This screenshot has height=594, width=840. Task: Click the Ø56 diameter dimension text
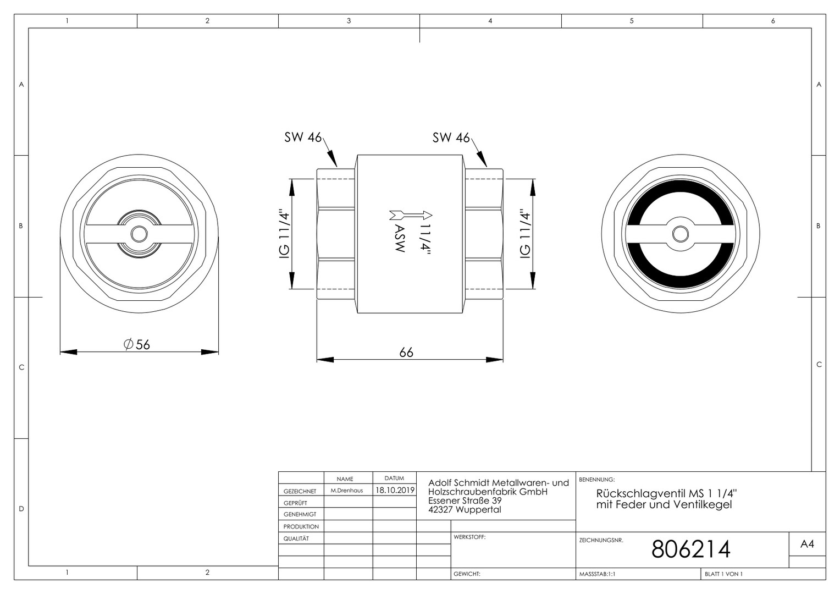[136, 344]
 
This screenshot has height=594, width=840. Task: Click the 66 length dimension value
[406, 353]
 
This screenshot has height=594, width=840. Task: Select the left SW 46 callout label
[303, 137]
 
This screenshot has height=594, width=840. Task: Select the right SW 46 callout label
[451, 137]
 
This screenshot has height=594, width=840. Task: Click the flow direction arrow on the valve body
[411, 215]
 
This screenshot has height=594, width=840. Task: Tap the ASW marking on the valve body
[400, 239]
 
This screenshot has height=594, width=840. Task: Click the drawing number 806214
[691, 549]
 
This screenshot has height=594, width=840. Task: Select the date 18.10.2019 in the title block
[395, 490]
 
